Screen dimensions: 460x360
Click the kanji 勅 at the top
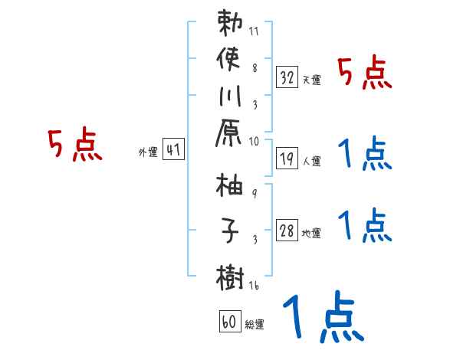point(231,25)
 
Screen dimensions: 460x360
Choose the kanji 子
point(231,230)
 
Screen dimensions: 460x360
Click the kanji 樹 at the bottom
point(231,274)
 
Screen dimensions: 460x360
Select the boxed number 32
point(287,77)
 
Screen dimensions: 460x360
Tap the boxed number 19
point(287,159)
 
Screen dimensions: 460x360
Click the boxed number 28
point(287,231)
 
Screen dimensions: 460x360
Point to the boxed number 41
point(173,151)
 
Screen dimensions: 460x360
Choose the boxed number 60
point(229,322)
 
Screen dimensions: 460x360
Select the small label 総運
point(254,325)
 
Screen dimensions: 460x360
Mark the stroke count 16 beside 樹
point(255,285)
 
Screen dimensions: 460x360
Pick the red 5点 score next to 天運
point(365,74)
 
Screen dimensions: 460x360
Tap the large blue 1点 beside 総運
point(321,316)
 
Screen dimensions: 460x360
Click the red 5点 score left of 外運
point(74,145)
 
